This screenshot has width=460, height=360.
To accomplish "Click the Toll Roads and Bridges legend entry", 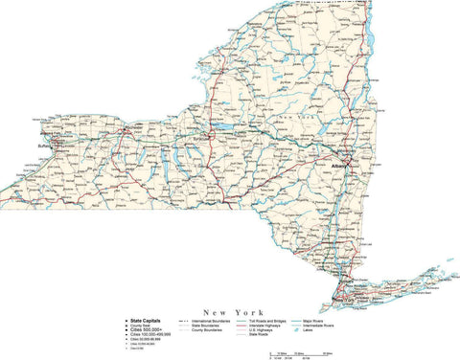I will pyautogui.click(x=287, y=320).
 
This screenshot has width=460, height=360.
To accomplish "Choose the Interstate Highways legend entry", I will pyautogui.click(x=285, y=326).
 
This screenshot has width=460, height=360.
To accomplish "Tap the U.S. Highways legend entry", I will pyautogui.click(x=281, y=331).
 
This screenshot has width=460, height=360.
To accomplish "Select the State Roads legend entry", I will pyautogui.click(x=279, y=337).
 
